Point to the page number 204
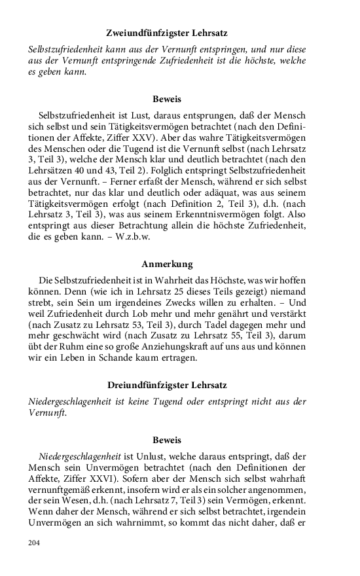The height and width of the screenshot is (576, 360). [x=34, y=543]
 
